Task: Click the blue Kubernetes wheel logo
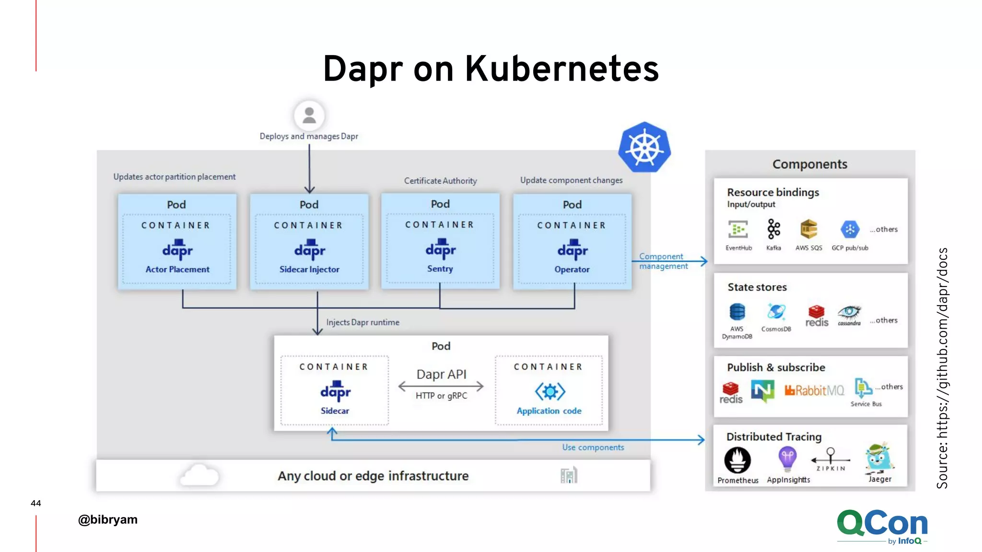tap(644, 147)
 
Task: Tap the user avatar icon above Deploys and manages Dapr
tap(309, 115)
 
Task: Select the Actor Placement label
tap(177, 269)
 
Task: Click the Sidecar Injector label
tap(309, 269)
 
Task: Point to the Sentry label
tap(440, 269)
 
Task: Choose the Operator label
tap(572, 269)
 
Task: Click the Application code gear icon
tap(550, 391)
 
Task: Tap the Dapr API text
tap(441, 374)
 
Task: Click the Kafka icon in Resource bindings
tap(773, 229)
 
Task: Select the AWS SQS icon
tap(809, 229)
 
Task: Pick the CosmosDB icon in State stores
tap(776, 312)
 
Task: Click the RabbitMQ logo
tap(814, 391)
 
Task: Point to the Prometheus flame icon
tap(737, 460)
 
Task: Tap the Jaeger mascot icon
tap(879, 459)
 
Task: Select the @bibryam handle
tap(108, 519)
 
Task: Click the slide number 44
tap(35, 503)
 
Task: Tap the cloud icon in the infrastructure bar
tap(199, 475)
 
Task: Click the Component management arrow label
tap(663, 261)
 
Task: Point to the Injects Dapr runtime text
tap(362, 322)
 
